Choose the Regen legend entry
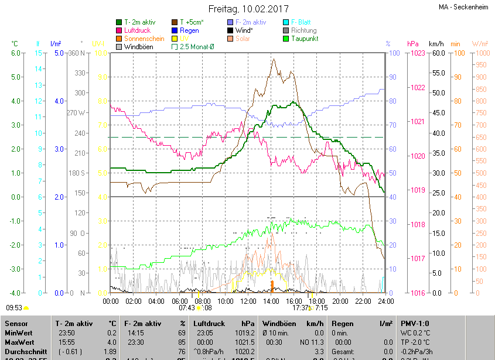[x=189, y=30]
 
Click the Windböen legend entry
[x=138, y=47]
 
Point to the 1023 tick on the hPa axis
[x=418, y=53]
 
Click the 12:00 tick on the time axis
[x=248, y=301]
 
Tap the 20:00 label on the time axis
[x=340, y=301]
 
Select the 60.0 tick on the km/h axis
[x=437, y=53]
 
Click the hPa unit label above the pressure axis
[x=412, y=44]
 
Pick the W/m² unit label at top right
[x=479, y=44]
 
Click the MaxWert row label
[x=19, y=342]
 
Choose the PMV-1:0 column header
[x=415, y=323]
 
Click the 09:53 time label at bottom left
[x=14, y=307]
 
